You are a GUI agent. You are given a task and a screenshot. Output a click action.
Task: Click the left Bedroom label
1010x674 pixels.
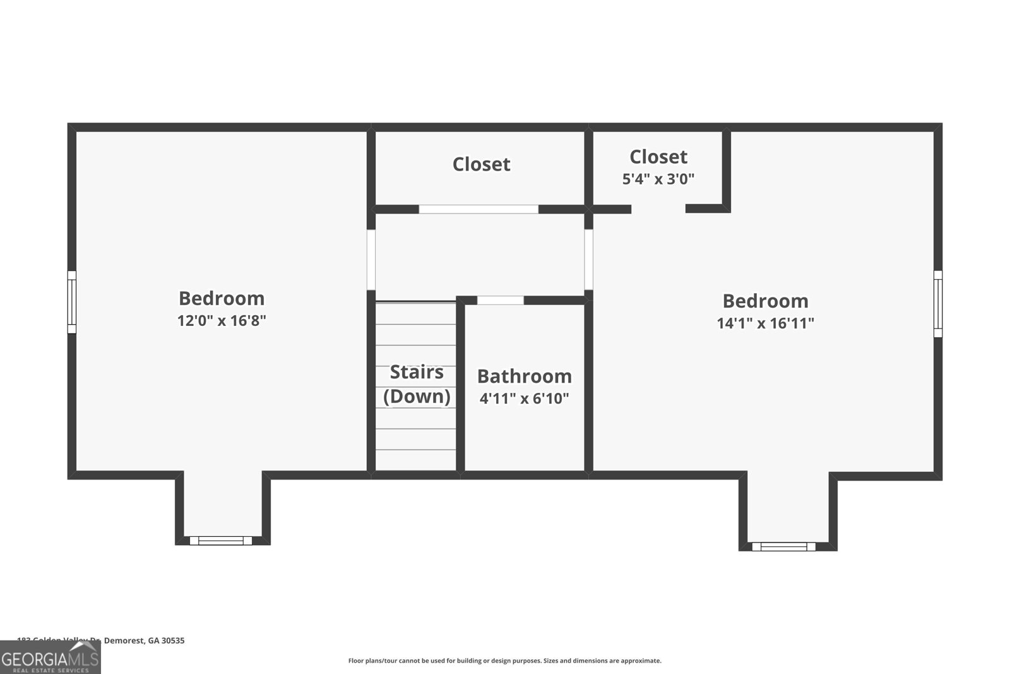pyautogui.click(x=222, y=298)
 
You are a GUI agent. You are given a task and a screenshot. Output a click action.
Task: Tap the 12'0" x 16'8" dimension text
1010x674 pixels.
pyautogui.click(x=222, y=321)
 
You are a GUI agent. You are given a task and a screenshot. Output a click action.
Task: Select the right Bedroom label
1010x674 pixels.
pyautogui.click(x=765, y=301)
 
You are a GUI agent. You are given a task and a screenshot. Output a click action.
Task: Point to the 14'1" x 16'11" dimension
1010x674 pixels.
pyautogui.click(x=765, y=323)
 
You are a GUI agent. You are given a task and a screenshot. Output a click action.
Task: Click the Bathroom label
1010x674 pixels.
pyautogui.click(x=524, y=376)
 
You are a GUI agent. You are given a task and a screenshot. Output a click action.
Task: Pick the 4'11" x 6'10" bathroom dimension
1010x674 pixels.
pyautogui.click(x=524, y=399)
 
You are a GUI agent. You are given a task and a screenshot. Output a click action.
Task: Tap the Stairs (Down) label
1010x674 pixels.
pyautogui.click(x=417, y=384)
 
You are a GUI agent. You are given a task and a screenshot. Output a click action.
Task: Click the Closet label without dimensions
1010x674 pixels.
pyautogui.click(x=481, y=164)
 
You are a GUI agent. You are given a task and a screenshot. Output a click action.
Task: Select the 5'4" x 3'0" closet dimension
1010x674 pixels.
pyautogui.click(x=658, y=179)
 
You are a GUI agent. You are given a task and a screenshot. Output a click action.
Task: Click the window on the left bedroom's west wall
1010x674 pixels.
pyautogui.click(x=72, y=302)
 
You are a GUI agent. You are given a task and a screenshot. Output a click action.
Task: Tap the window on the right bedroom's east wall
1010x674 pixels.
pyautogui.click(x=938, y=304)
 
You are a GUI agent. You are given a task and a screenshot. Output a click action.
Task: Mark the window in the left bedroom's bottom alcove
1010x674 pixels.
pyautogui.click(x=221, y=540)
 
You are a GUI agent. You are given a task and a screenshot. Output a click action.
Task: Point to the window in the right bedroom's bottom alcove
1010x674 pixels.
pyautogui.click(x=783, y=546)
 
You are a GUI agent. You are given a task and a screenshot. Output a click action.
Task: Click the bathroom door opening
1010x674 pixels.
pyautogui.click(x=500, y=300)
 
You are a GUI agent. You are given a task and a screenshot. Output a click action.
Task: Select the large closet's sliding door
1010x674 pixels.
pyautogui.click(x=478, y=209)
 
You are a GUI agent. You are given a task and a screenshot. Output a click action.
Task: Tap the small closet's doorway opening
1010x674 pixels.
pyautogui.click(x=658, y=209)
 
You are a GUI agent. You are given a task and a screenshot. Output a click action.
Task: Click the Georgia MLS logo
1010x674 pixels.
pyautogui.click(x=50, y=658)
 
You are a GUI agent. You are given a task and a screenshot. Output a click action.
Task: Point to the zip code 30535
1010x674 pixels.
pyautogui.click(x=173, y=641)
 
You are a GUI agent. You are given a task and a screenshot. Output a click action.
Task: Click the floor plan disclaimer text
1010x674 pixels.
pyautogui.click(x=504, y=661)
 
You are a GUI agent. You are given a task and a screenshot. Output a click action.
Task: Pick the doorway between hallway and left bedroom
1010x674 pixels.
pyautogui.click(x=372, y=259)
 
